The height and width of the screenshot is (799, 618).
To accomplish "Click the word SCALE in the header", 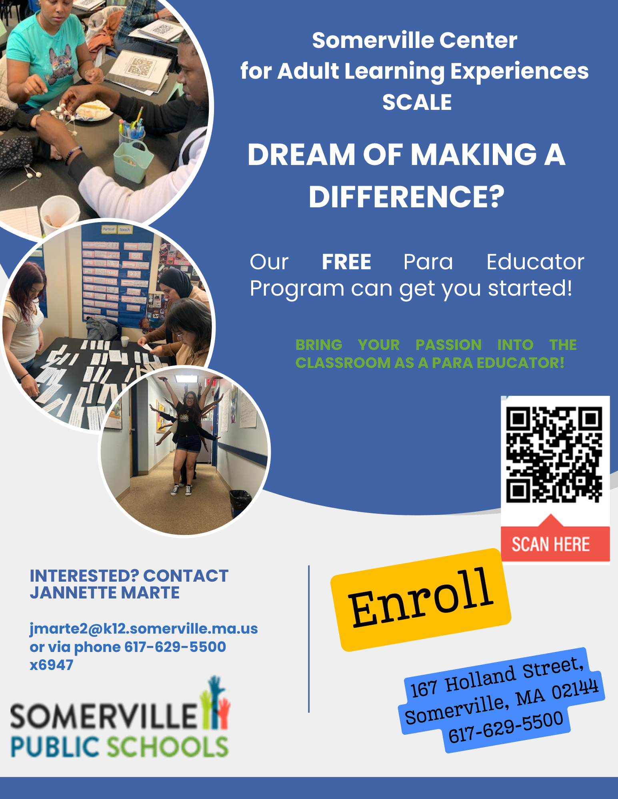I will pos(417,102).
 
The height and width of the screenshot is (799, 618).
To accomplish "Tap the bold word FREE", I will pos(346,262).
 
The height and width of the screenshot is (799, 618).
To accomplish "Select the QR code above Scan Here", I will pos(554,454).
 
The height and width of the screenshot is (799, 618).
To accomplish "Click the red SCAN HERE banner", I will pos(551,544).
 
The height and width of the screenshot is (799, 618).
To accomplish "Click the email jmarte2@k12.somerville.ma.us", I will pos(144,629).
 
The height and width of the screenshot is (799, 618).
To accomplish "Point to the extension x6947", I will pos(52,665).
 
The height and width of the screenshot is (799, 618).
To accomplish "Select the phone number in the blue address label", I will pos(506,727).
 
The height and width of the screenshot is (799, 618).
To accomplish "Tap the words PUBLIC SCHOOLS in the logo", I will pos(119,746).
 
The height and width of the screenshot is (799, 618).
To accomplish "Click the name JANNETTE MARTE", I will pos(105,593).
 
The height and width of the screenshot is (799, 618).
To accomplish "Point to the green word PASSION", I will pos(448,345).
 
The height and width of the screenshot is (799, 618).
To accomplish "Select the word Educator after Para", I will pos(535,262).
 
